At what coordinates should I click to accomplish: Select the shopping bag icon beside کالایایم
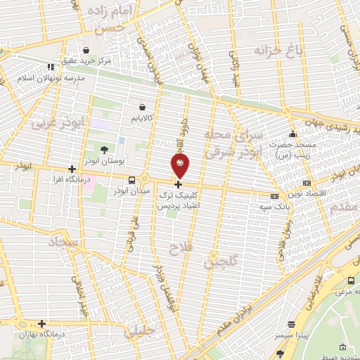point(143,108)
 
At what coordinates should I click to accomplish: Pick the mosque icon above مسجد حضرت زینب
point(292,135)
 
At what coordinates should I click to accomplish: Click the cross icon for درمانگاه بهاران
point(41,324)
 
